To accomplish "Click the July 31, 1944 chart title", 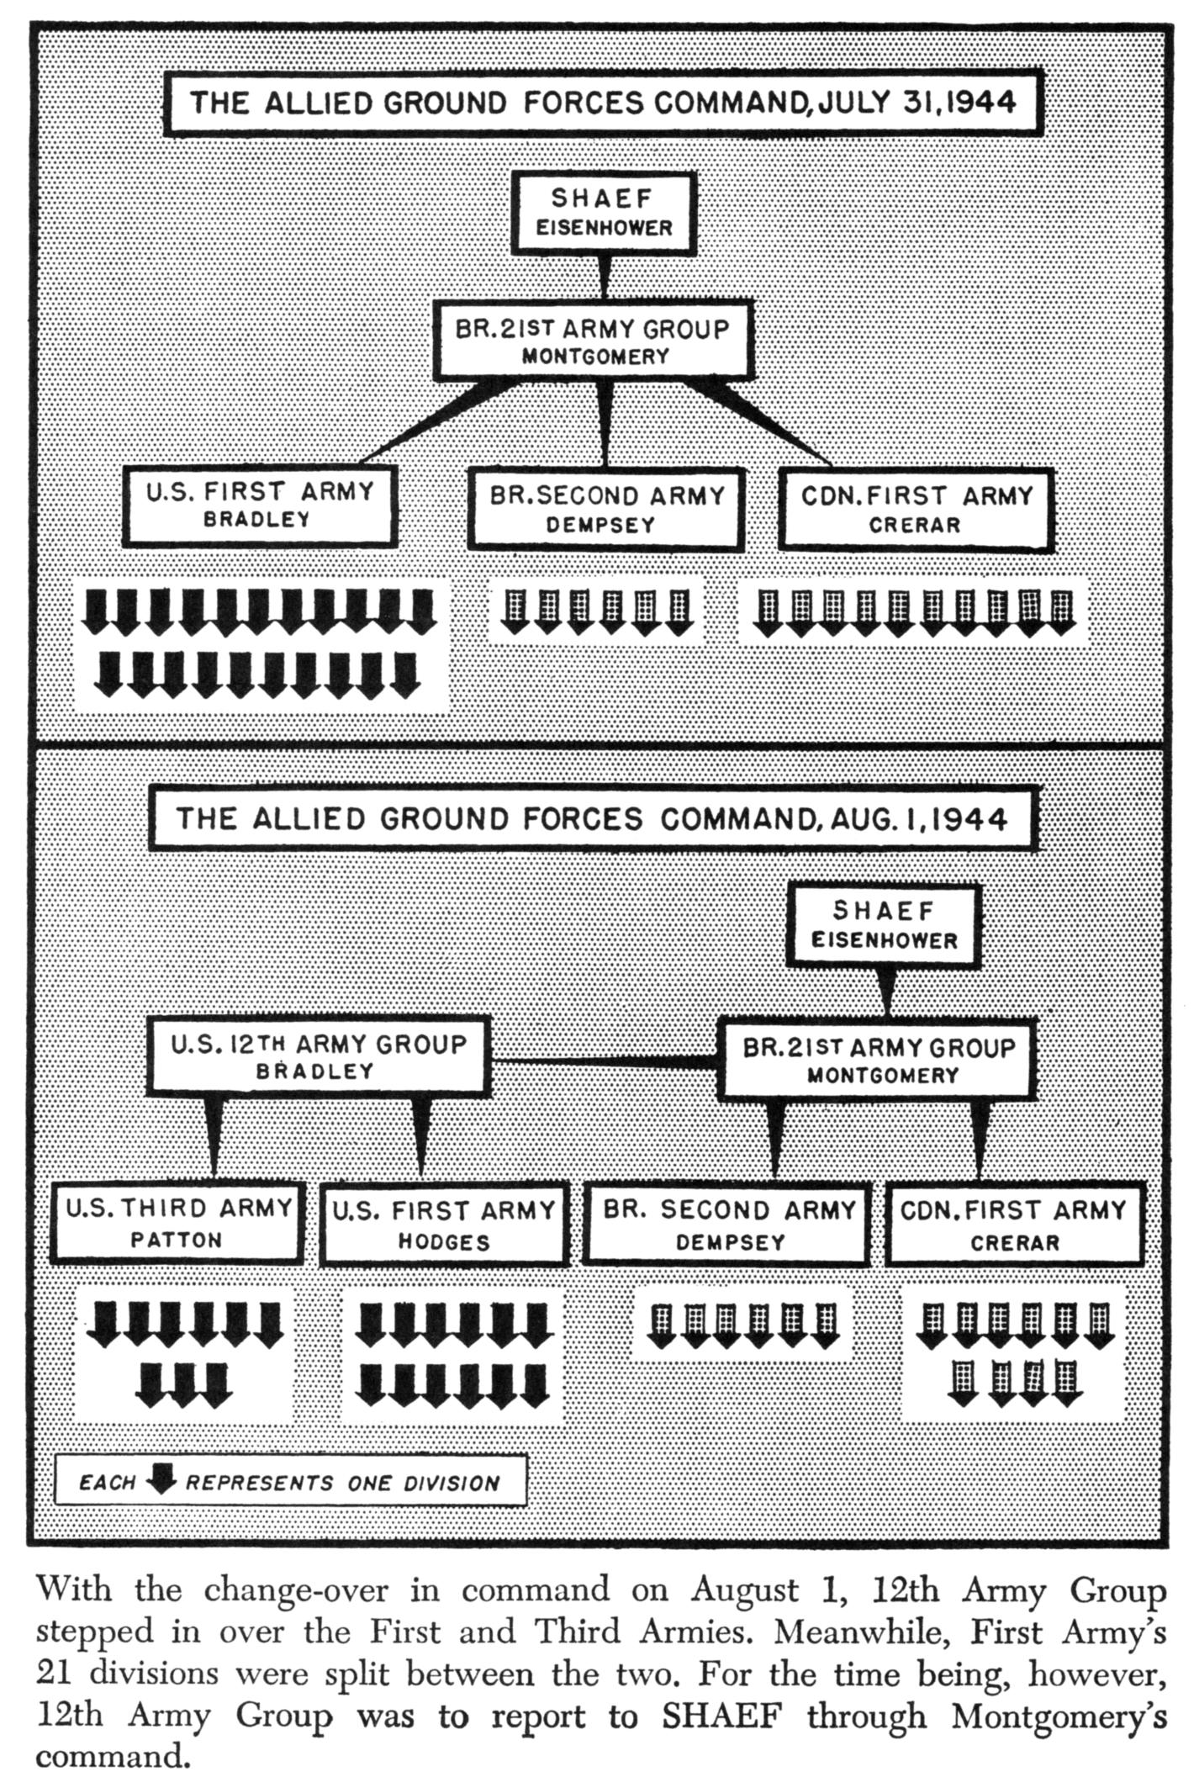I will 603,103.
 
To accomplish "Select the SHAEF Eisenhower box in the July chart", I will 604,213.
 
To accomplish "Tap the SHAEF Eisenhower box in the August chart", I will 884,924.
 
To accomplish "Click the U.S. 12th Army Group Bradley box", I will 318,1057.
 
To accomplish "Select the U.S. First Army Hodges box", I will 444,1225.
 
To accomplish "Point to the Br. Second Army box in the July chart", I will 606,509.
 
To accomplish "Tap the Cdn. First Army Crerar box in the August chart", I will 1014,1225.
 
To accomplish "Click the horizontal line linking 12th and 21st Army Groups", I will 603,1063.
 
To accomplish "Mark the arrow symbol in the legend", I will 161,1481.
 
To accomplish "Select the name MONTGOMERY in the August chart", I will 883,1076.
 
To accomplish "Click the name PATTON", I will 177,1240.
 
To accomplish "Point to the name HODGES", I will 444,1242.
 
